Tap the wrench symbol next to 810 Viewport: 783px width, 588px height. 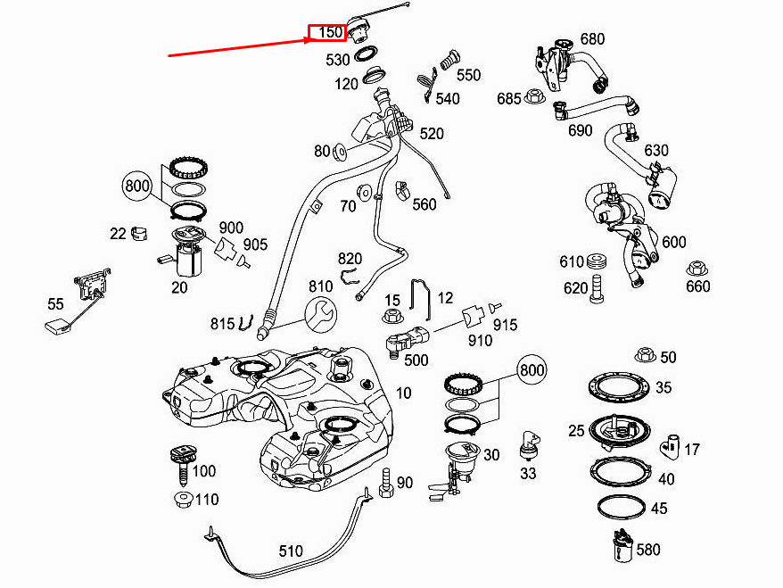tap(322, 314)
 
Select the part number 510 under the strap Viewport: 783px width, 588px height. tap(291, 551)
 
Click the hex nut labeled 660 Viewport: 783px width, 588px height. tap(696, 269)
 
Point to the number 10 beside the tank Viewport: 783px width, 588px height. tap(404, 393)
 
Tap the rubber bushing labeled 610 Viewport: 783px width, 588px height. tap(597, 261)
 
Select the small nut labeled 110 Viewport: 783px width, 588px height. tap(183, 499)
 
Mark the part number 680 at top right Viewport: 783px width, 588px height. tap(592, 39)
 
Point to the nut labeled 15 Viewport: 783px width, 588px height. tap(391, 316)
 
